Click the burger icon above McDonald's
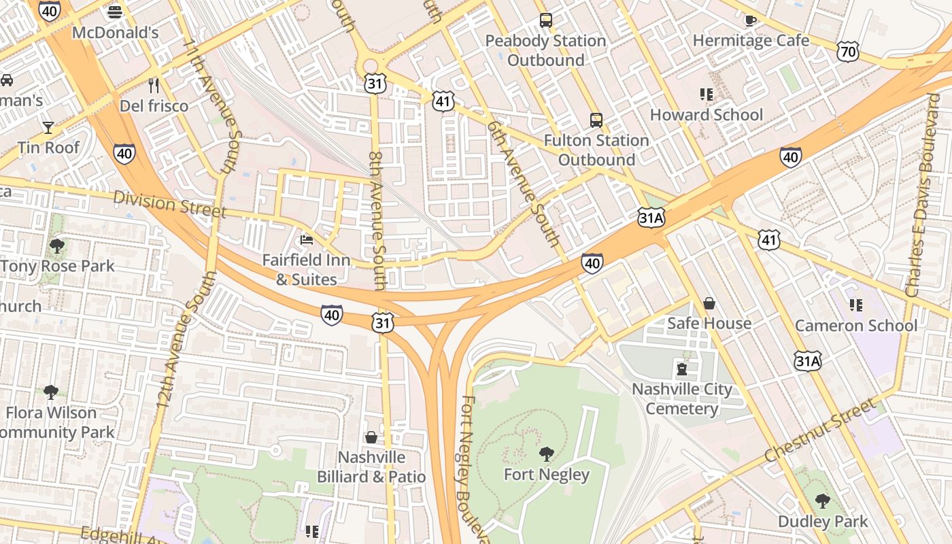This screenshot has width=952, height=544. tap(115, 12)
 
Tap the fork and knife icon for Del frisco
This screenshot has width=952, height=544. tap(154, 85)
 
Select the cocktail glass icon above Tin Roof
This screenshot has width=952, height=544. tap(48, 127)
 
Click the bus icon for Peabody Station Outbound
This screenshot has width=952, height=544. tap(545, 20)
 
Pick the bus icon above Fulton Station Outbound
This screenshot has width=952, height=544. tap(596, 120)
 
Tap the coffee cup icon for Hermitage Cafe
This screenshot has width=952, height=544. tap(750, 20)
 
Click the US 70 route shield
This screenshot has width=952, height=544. tap(849, 52)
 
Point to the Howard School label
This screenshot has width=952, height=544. tap(707, 115)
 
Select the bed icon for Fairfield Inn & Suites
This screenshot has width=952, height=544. tap(307, 240)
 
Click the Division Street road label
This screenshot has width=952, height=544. tap(169, 204)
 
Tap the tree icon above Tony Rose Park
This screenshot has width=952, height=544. tap(57, 245)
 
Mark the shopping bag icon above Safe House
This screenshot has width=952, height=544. tap(709, 303)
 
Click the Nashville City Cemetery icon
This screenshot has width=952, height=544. tap(681, 369)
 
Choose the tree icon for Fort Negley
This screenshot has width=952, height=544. tap(546, 454)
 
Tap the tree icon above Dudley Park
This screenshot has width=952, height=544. tap(823, 501)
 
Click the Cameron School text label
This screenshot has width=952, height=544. tap(855, 326)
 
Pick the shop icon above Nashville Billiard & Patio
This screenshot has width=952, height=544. tap(371, 437)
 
